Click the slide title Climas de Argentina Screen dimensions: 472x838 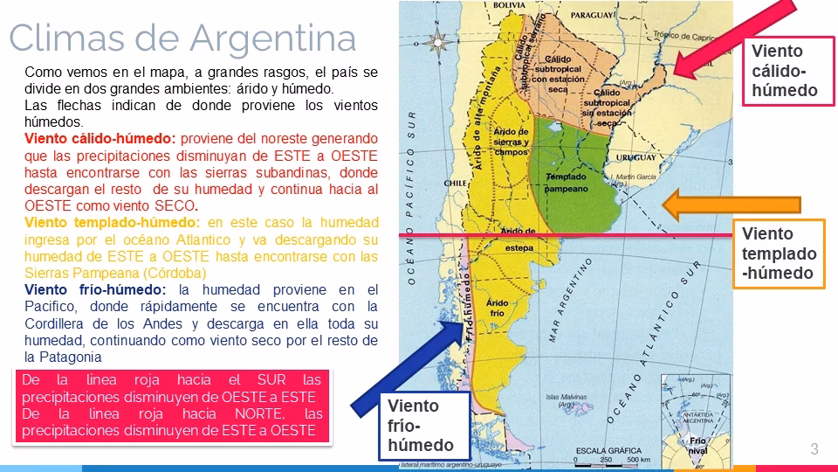pyautogui.click(x=182, y=38)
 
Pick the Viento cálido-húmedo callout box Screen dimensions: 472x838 pyautogui.click(x=784, y=71)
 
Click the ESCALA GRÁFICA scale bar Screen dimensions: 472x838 pyautogui.click(x=611, y=455)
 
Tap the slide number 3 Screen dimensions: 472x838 pyautogui.click(x=814, y=449)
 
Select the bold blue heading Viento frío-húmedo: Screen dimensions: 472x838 pyautogui.click(x=98, y=289)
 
